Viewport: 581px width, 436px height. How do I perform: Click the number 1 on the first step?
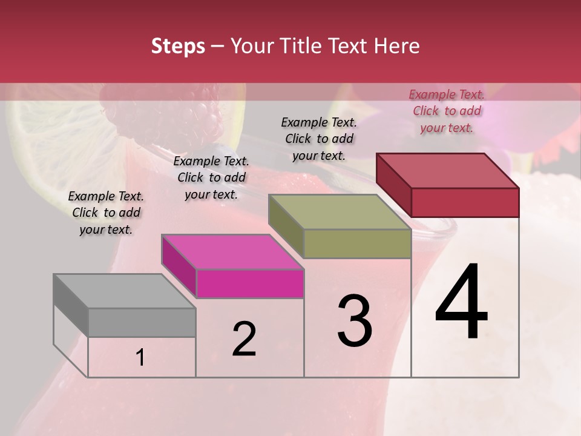[140, 358]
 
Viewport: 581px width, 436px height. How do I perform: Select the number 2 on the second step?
[244, 339]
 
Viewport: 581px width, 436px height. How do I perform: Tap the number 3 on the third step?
[355, 321]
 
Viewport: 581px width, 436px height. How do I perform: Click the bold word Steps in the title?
[178, 46]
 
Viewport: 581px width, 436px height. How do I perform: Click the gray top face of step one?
[124, 291]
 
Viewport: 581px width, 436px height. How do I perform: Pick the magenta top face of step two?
[232, 252]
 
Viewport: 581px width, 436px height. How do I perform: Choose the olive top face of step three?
[340, 212]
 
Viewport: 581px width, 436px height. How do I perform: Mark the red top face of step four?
[448, 171]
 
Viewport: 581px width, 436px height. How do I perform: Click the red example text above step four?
[447, 111]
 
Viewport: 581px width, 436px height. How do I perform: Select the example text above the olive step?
[319, 139]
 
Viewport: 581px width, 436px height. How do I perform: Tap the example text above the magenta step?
[211, 177]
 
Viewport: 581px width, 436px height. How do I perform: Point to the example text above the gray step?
[106, 213]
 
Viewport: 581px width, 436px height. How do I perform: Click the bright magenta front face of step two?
[250, 283]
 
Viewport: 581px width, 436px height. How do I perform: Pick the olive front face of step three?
[357, 243]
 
